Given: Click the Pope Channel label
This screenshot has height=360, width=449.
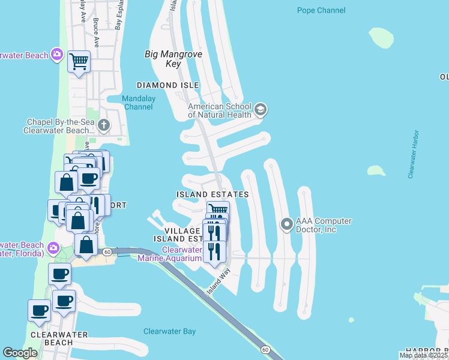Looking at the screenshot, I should click(x=321, y=10).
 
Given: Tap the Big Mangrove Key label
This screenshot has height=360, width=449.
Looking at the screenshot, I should click(x=173, y=59).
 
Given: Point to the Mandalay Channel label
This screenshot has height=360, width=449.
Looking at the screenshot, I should click(x=138, y=103).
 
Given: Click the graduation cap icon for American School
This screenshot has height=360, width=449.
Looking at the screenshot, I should click(x=261, y=109).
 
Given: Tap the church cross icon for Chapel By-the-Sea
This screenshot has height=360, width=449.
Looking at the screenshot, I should click(x=104, y=125).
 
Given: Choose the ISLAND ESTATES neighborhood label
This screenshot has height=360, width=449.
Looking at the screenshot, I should click(x=212, y=195).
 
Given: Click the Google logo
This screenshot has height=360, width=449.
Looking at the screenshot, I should click(x=20, y=353).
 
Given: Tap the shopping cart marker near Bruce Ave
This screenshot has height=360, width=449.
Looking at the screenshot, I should click(x=79, y=61).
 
